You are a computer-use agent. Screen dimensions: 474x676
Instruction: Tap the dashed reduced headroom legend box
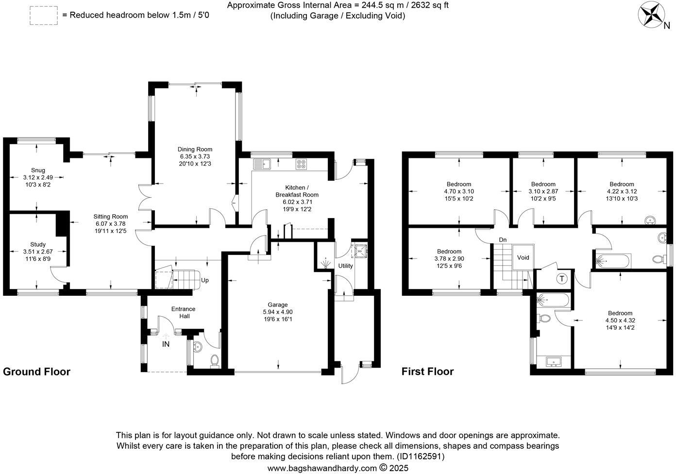pos(44,15)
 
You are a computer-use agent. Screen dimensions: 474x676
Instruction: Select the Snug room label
pos(38,170)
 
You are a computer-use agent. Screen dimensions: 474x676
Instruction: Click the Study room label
pos(38,245)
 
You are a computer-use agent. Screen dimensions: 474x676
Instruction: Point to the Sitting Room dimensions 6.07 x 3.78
pos(111,224)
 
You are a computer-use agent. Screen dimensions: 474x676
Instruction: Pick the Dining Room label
pos(195,150)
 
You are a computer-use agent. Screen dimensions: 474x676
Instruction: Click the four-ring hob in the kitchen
pos(301,164)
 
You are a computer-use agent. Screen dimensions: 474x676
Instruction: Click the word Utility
pos(346,266)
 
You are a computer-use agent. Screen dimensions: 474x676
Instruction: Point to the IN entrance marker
pos(166,344)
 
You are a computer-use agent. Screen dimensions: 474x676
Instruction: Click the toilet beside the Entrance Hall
pos(215,360)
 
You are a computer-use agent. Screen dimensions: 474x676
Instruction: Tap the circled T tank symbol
pos(562,279)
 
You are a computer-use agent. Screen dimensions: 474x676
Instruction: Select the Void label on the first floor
pos(523,258)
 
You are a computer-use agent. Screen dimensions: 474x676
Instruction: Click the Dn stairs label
pos(503,240)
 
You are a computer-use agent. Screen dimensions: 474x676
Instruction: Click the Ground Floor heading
pos(37,372)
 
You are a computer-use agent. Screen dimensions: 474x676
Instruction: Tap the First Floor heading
pos(427,372)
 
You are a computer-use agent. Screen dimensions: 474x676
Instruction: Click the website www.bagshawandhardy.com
pos(322,468)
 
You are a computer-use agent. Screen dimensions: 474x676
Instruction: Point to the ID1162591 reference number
pos(421,457)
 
